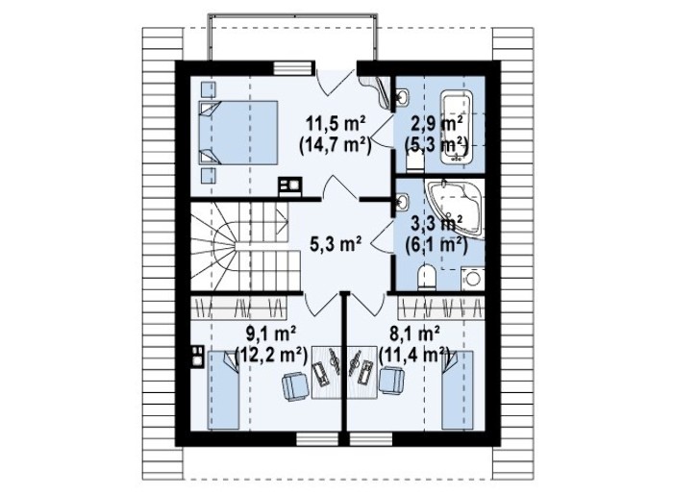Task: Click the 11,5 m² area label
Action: [336, 124]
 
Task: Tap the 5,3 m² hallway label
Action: [336, 244]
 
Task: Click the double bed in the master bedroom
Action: [238, 133]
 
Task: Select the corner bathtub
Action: [455, 209]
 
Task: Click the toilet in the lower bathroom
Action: [426, 277]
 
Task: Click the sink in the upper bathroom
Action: [402, 97]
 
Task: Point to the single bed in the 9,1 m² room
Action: [223, 389]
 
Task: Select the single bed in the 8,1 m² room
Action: [458, 389]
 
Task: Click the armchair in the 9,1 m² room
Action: [295, 385]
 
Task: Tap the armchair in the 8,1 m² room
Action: [391, 381]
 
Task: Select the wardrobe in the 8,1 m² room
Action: [441, 308]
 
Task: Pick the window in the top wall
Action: [292, 68]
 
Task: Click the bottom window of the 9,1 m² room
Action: [317, 438]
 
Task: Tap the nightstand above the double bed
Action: [209, 88]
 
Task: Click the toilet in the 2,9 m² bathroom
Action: [415, 162]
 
